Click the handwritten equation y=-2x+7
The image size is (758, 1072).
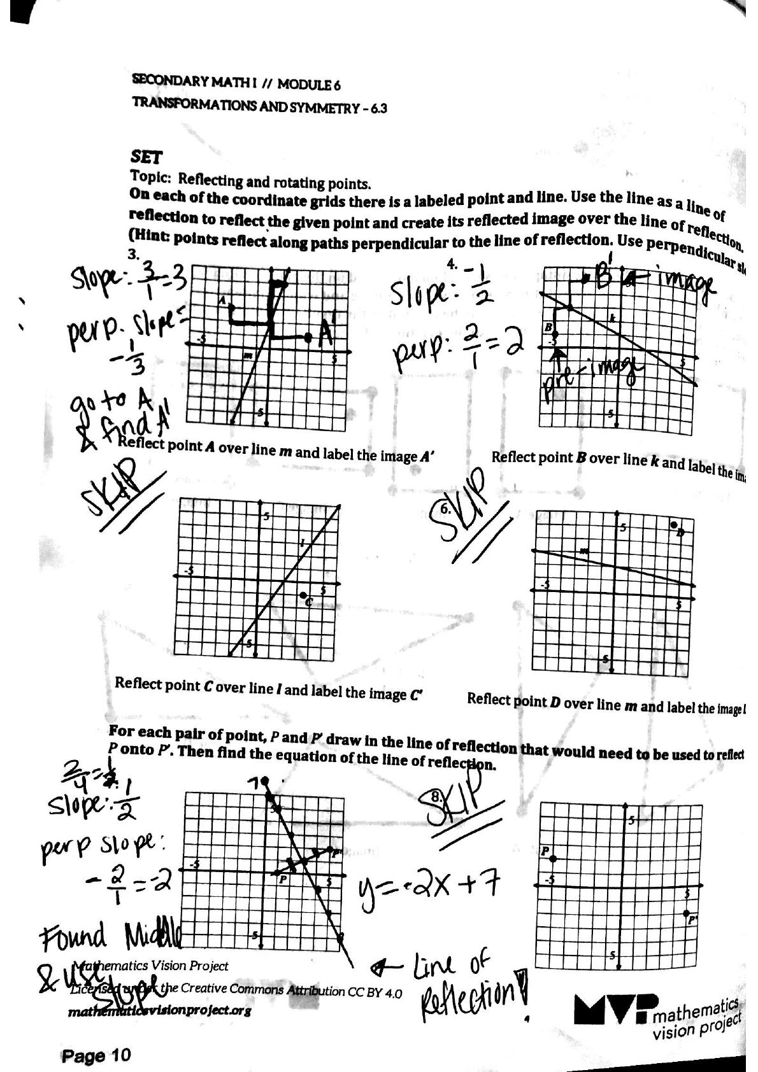[x=429, y=885]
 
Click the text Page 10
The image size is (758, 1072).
[x=96, y=1055]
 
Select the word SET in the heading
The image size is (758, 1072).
[x=146, y=156]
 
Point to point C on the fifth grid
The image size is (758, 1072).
[x=303, y=595]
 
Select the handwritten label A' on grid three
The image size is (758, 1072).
[x=327, y=330]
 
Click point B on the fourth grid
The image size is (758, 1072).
[x=554, y=334]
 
